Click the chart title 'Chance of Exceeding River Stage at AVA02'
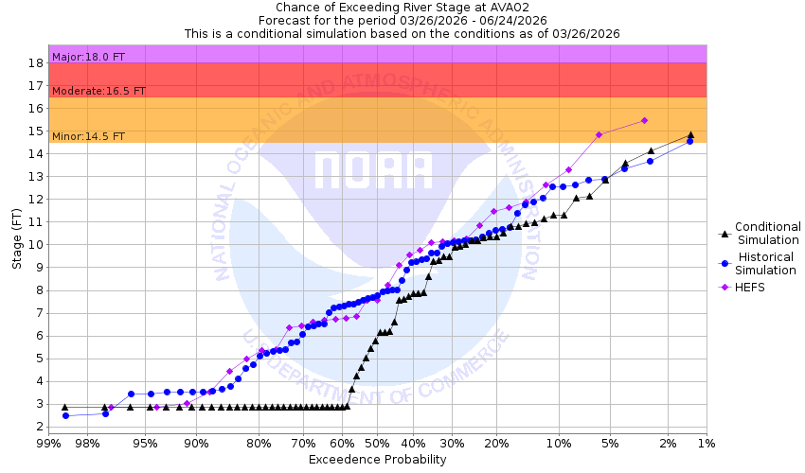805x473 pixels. click(402, 7)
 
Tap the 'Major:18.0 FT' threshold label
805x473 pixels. click(89, 57)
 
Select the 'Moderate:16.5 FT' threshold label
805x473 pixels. click(98, 91)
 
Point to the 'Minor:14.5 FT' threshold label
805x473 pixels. click(88, 136)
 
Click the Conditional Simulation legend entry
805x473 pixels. click(768, 233)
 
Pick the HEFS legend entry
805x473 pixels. click(751, 287)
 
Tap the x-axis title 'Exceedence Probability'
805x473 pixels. click(376, 460)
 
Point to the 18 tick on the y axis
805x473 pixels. click(35, 62)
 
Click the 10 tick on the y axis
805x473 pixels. click(35, 244)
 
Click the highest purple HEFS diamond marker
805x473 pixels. click(644, 120)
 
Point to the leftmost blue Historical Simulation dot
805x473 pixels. click(65, 415)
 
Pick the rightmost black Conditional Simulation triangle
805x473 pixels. click(690, 134)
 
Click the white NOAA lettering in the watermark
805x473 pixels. click(373, 170)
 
